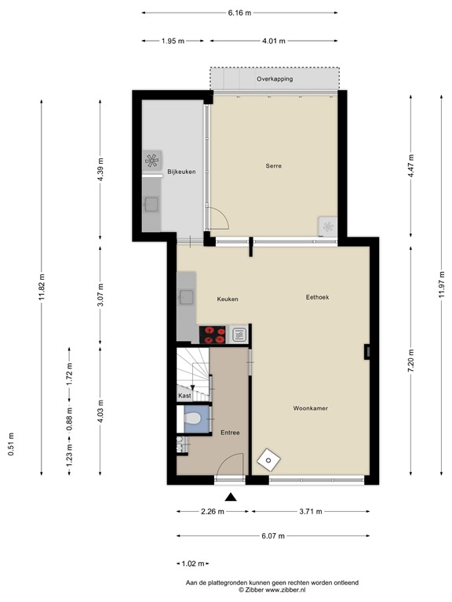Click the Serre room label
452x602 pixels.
point(273,166)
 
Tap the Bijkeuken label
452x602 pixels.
point(181,172)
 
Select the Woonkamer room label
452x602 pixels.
point(310,408)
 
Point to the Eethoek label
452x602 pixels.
point(317,297)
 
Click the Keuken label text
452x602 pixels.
point(228,299)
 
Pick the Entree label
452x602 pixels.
point(230,433)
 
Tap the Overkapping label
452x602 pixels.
point(275,78)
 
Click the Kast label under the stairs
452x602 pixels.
point(184,395)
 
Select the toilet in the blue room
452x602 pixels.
point(192,418)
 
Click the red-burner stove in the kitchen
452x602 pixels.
point(212,335)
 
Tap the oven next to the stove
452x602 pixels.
point(239,335)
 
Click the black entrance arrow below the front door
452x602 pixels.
point(230,497)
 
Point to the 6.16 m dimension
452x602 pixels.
point(239,13)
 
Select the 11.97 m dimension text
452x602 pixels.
point(442,284)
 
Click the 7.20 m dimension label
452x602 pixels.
point(411,361)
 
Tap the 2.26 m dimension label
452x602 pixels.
point(213,511)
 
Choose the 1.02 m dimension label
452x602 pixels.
point(193,564)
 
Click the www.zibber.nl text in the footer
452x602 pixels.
point(286,589)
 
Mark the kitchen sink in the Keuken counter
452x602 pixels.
point(187,297)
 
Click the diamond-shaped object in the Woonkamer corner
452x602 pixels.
point(268,460)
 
